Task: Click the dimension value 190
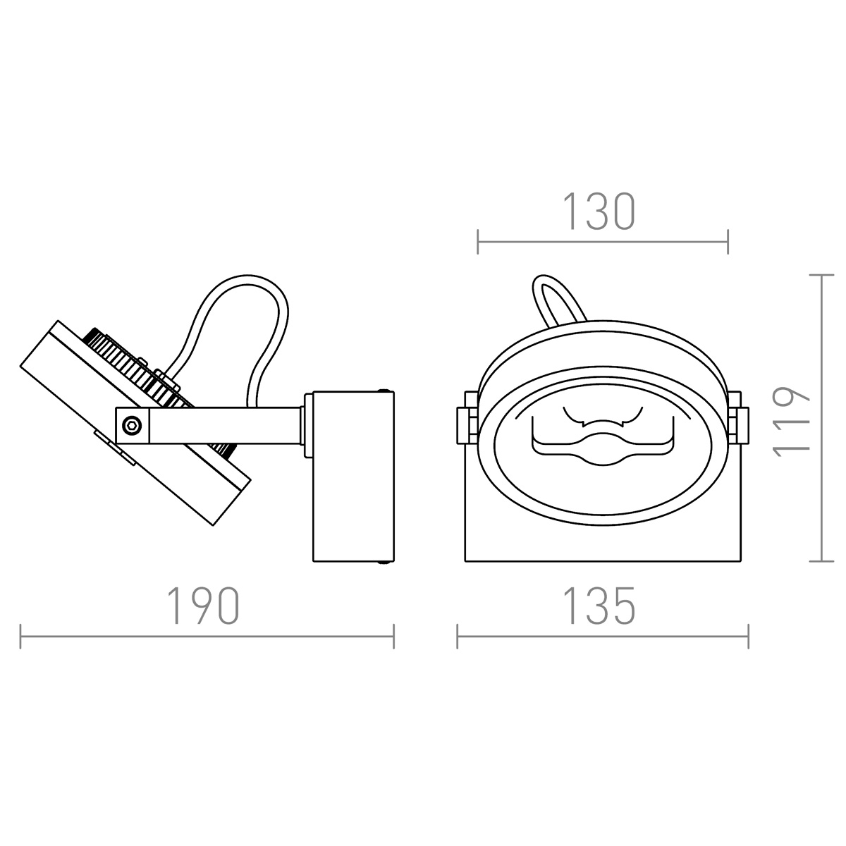pyautogui.click(x=204, y=606)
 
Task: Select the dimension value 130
pyautogui.click(x=599, y=211)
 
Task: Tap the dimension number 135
pyautogui.click(x=599, y=606)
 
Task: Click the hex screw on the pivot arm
pyautogui.click(x=132, y=425)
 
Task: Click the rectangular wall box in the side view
pyautogui.click(x=353, y=477)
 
